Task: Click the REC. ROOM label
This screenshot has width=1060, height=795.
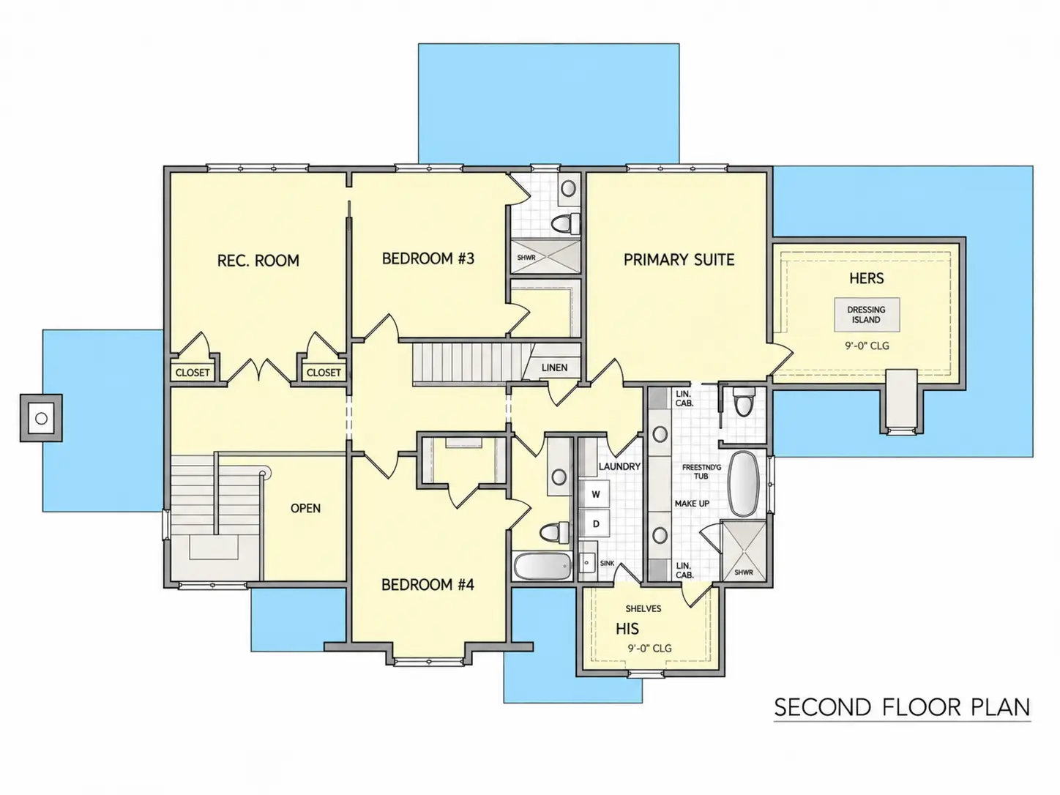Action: [x=258, y=261]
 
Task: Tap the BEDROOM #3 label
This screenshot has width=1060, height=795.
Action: [x=428, y=258]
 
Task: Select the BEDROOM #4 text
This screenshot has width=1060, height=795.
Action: [x=428, y=585]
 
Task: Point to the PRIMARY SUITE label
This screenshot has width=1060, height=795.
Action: [x=679, y=260]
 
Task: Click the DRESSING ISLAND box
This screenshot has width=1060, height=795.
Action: [x=866, y=315]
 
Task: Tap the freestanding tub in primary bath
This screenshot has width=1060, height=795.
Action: [x=743, y=484]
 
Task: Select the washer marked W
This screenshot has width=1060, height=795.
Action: [x=595, y=494]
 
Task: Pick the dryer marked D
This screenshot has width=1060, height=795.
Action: [x=595, y=523]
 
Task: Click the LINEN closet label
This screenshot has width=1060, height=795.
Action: [x=554, y=367]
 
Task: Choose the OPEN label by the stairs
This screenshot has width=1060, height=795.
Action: [x=305, y=508]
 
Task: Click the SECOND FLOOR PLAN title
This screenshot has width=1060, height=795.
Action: [x=902, y=708]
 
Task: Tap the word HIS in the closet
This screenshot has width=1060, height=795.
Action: [x=627, y=629]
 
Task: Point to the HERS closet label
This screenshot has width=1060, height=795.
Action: [x=866, y=278]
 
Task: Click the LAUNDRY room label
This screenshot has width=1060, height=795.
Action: [x=619, y=467]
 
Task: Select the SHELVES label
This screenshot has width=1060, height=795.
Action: [x=643, y=608]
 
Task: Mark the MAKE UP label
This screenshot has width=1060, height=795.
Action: [x=692, y=504]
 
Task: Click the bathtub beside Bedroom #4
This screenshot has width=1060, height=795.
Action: [x=542, y=566]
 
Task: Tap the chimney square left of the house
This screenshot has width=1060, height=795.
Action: [x=41, y=418]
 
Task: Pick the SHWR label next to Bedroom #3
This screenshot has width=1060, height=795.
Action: [x=526, y=258]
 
